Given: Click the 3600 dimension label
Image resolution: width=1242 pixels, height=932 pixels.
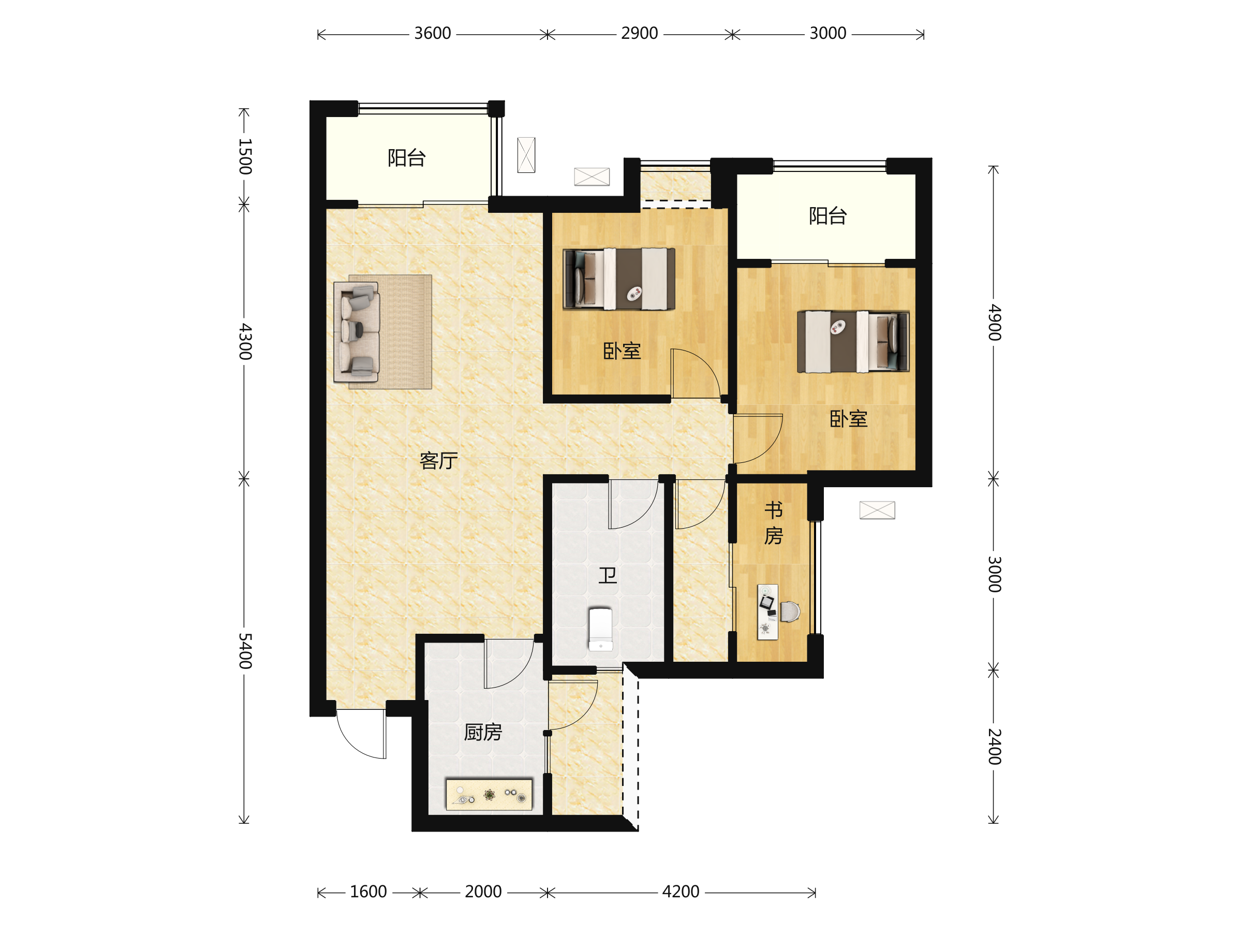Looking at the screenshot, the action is click(x=432, y=34).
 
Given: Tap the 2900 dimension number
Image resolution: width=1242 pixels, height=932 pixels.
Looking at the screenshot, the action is click(x=639, y=34).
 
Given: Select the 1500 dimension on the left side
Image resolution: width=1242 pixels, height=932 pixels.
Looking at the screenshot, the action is click(x=245, y=156).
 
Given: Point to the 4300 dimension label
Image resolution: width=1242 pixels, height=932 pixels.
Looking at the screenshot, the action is click(x=245, y=342).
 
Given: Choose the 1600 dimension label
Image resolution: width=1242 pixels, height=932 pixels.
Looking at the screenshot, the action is click(x=368, y=892).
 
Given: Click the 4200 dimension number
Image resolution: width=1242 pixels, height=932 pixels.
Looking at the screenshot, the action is click(x=681, y=892).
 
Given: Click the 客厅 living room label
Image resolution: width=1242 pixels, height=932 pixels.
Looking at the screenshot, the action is click(x=438, y=461).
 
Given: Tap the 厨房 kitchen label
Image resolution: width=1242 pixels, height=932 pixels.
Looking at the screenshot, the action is click(x=483, y=732).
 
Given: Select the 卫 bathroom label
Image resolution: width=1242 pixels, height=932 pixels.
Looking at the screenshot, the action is click(x=608, y=575).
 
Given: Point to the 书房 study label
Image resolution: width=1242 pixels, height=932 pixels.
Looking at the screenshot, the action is click(x=774, y=523).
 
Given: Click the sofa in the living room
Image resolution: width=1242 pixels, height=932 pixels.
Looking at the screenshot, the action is click(x=357, y=332).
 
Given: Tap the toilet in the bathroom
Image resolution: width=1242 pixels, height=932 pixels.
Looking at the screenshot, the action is click(x=600, y=629).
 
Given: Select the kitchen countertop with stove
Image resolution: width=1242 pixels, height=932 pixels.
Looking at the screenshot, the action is click(x=489, y=794).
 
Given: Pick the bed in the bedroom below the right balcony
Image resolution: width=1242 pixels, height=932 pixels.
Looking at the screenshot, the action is click(x=853, y=342).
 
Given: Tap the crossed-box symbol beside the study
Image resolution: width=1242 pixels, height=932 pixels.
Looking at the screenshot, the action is click(x=877, y=510).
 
